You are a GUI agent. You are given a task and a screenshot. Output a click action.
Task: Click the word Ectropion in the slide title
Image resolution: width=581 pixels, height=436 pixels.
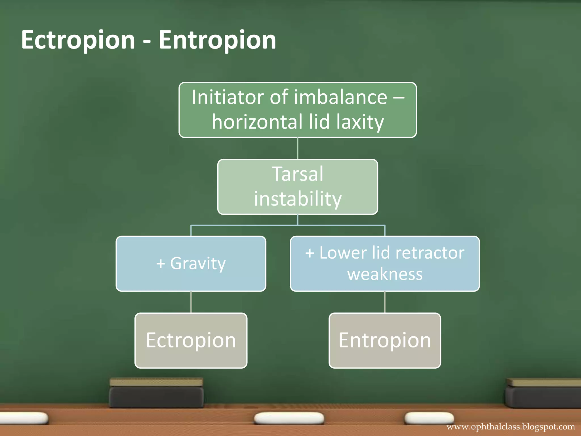coord(78,40)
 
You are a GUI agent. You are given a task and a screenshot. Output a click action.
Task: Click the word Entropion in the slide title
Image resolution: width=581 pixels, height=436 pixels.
coord(217,40)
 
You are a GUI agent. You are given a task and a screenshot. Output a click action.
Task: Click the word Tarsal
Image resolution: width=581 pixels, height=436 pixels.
coord(298,174)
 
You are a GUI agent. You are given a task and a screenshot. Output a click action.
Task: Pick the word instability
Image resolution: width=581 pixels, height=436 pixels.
coord(298,199)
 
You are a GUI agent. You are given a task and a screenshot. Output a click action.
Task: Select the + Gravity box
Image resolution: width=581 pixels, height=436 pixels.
coord(191,264)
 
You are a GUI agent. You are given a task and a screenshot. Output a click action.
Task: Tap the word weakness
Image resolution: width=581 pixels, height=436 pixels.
coord(385,274)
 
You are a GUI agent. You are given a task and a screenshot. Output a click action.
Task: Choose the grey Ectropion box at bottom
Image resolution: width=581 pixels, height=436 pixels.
coord(191,340)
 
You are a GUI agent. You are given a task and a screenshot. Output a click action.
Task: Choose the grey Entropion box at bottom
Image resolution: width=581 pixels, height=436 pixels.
coord(385,340)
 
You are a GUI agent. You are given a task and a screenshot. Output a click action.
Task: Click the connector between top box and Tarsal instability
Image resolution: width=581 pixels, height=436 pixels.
coord(298,148)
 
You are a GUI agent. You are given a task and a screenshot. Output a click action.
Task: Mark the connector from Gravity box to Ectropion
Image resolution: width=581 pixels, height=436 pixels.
coord(191,302)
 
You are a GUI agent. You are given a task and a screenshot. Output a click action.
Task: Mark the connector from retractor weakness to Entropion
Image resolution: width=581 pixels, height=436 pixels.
coord(385,302)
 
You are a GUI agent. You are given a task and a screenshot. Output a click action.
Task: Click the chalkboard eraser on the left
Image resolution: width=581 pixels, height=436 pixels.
coord(157,393)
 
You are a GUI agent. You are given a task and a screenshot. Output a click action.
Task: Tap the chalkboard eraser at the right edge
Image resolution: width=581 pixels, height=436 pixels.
coord(543,393)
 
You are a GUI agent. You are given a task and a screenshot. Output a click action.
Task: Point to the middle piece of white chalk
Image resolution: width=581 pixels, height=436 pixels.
coord(289,418)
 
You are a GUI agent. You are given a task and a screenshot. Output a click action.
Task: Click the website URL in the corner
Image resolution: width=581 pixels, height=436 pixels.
coord(510,427)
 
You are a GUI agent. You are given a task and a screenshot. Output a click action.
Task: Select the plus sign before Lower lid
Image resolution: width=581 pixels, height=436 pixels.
coord(310,253)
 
